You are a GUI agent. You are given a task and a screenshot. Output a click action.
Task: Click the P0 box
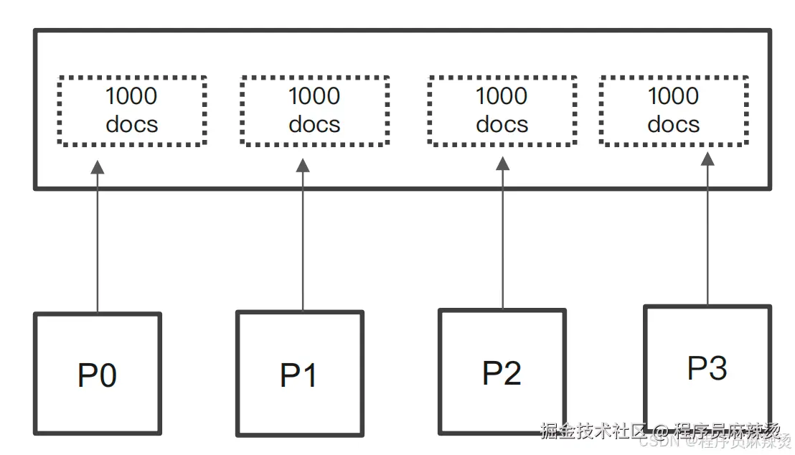[98, 373]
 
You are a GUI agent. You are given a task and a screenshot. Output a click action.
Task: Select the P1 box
[300, 373]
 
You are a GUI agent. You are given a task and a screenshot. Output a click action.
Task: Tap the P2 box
[502, 371]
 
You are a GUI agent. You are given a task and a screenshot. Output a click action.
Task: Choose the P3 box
[707, 367]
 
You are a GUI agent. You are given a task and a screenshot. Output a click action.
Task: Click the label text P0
[98, 376]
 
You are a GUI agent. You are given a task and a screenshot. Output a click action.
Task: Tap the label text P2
[502, 373]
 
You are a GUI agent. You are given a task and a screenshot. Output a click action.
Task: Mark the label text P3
[707, 368]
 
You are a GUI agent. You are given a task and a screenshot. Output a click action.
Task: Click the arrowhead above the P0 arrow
[98, 167]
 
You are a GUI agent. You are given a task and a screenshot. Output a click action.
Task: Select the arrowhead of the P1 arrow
[303, 165]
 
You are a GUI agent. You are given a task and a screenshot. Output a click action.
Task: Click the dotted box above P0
[132, 111]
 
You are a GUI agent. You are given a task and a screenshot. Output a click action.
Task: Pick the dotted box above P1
[314, 111]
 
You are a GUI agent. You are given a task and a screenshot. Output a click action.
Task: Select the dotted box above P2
[502, 111]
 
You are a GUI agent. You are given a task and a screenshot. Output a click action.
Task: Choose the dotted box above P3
[674, 111]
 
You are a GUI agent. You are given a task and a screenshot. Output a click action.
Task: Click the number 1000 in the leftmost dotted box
[132, 96]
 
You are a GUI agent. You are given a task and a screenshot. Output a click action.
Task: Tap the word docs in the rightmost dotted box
[674, 125]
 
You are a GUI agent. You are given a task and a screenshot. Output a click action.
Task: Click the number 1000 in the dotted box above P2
[502, 96]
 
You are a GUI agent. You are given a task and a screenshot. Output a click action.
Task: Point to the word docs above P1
[314, 125]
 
